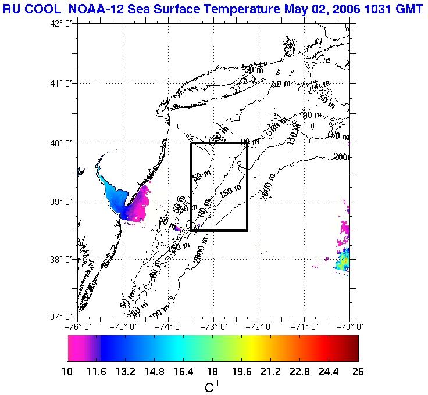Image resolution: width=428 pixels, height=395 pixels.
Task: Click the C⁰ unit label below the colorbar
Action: pos(212,386)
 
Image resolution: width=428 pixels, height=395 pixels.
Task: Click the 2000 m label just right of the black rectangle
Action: pos(267,188)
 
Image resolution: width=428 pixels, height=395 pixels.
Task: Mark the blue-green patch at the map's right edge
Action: pos(343,258)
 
